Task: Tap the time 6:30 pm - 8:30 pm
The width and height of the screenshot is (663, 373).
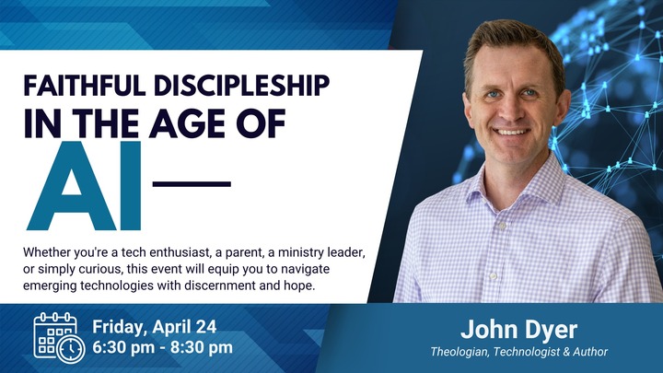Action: click(162, 348)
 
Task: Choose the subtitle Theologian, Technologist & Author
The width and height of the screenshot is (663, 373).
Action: click(519, 352)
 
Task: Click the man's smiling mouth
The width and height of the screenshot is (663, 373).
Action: click(512, 131)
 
